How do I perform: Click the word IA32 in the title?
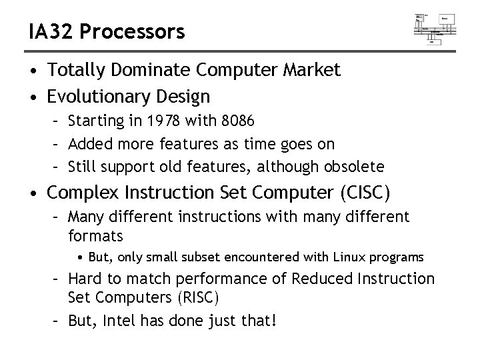49,31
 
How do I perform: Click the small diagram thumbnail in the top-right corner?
435,27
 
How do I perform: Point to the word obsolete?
353,165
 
